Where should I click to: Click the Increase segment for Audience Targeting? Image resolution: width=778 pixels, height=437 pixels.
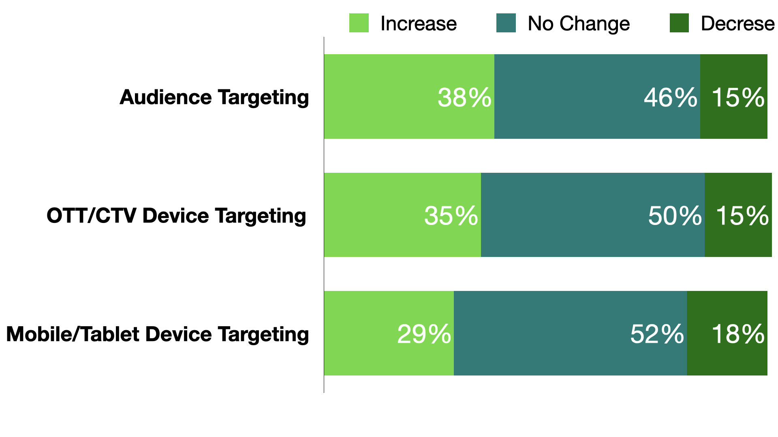[x=409, y=96]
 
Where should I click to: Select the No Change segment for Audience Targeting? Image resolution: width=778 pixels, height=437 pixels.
[x=597, y=96]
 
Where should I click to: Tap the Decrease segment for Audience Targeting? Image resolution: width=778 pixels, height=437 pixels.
[x=734, y=96]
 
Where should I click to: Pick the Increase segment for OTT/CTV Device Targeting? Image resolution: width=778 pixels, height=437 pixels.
[x=402, y=215]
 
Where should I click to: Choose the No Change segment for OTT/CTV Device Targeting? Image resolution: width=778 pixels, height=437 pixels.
[x=593, y=215]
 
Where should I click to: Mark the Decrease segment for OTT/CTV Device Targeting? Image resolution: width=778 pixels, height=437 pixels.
[x=738, y=215]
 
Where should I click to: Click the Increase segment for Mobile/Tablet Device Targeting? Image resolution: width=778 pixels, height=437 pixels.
[x=389, y=333]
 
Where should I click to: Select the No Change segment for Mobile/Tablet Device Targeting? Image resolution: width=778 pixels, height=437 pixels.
[x=570, y=333]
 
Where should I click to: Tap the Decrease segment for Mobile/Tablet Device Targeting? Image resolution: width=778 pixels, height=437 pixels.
[x=727, y=333]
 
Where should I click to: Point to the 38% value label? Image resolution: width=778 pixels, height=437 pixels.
[x=464, y=98]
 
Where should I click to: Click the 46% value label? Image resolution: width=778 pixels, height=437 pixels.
[x=671, y=98]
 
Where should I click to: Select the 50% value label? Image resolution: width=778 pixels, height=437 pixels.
[x=675, y=216]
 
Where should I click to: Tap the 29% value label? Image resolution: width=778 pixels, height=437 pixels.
[x=424, y=334]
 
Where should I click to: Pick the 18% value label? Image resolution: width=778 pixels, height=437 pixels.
[x=738, y=334]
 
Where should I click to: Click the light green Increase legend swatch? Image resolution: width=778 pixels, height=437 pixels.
[x=359, y=23]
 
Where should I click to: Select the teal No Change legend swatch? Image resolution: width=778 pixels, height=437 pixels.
[x=506, y=23]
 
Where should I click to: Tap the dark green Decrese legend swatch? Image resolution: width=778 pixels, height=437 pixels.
[x=679, y=23]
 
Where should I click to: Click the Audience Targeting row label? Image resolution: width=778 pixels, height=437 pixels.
[x=214, y=98]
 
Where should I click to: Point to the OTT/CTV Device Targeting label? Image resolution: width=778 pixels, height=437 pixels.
[x=176, y=216]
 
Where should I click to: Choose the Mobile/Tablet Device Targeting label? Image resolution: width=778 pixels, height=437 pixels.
[x=158, y=335]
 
